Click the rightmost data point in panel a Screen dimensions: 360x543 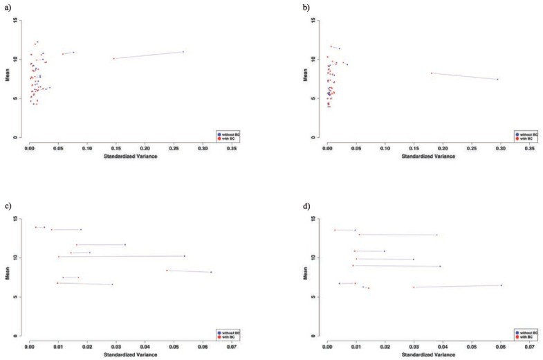183,52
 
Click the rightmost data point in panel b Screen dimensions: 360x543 497,79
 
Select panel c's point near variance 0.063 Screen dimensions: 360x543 211,272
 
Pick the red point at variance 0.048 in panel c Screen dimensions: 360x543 167,270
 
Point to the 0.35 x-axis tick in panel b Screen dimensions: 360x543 528,147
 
